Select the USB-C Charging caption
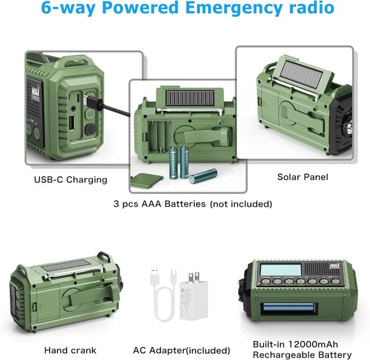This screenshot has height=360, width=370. point(70,179)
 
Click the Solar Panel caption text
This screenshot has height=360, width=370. point(302,177)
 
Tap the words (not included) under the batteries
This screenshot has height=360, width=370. point(241,204)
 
